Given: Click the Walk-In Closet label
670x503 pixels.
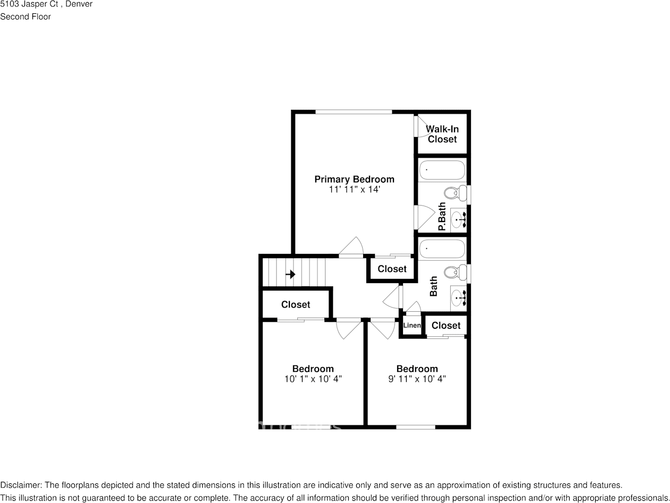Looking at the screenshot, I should click(442, 134).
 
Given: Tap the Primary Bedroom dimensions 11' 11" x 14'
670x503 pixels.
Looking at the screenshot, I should click(354, 190).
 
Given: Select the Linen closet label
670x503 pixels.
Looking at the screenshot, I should click(412, 326).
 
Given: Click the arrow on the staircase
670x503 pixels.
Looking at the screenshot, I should click(290, 274).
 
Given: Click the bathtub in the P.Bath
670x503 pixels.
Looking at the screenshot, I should click(442, 170).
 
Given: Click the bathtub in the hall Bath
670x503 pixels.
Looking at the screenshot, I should click(442, 249).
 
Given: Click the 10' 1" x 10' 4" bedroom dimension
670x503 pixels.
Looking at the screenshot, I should click(313, 379).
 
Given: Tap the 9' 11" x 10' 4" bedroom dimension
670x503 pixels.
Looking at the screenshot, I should click(417, 379).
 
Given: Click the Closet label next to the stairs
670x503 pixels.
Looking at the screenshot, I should click(296, 304).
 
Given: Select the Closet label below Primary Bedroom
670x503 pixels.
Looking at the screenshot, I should click(392, 269).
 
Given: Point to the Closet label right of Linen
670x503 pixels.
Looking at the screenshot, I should click(446, 325).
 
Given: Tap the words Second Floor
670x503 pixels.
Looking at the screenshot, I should click(25, 16).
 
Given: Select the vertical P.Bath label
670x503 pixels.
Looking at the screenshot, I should click(442, 217).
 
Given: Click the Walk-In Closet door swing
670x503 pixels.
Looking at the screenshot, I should click(422, 127).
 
